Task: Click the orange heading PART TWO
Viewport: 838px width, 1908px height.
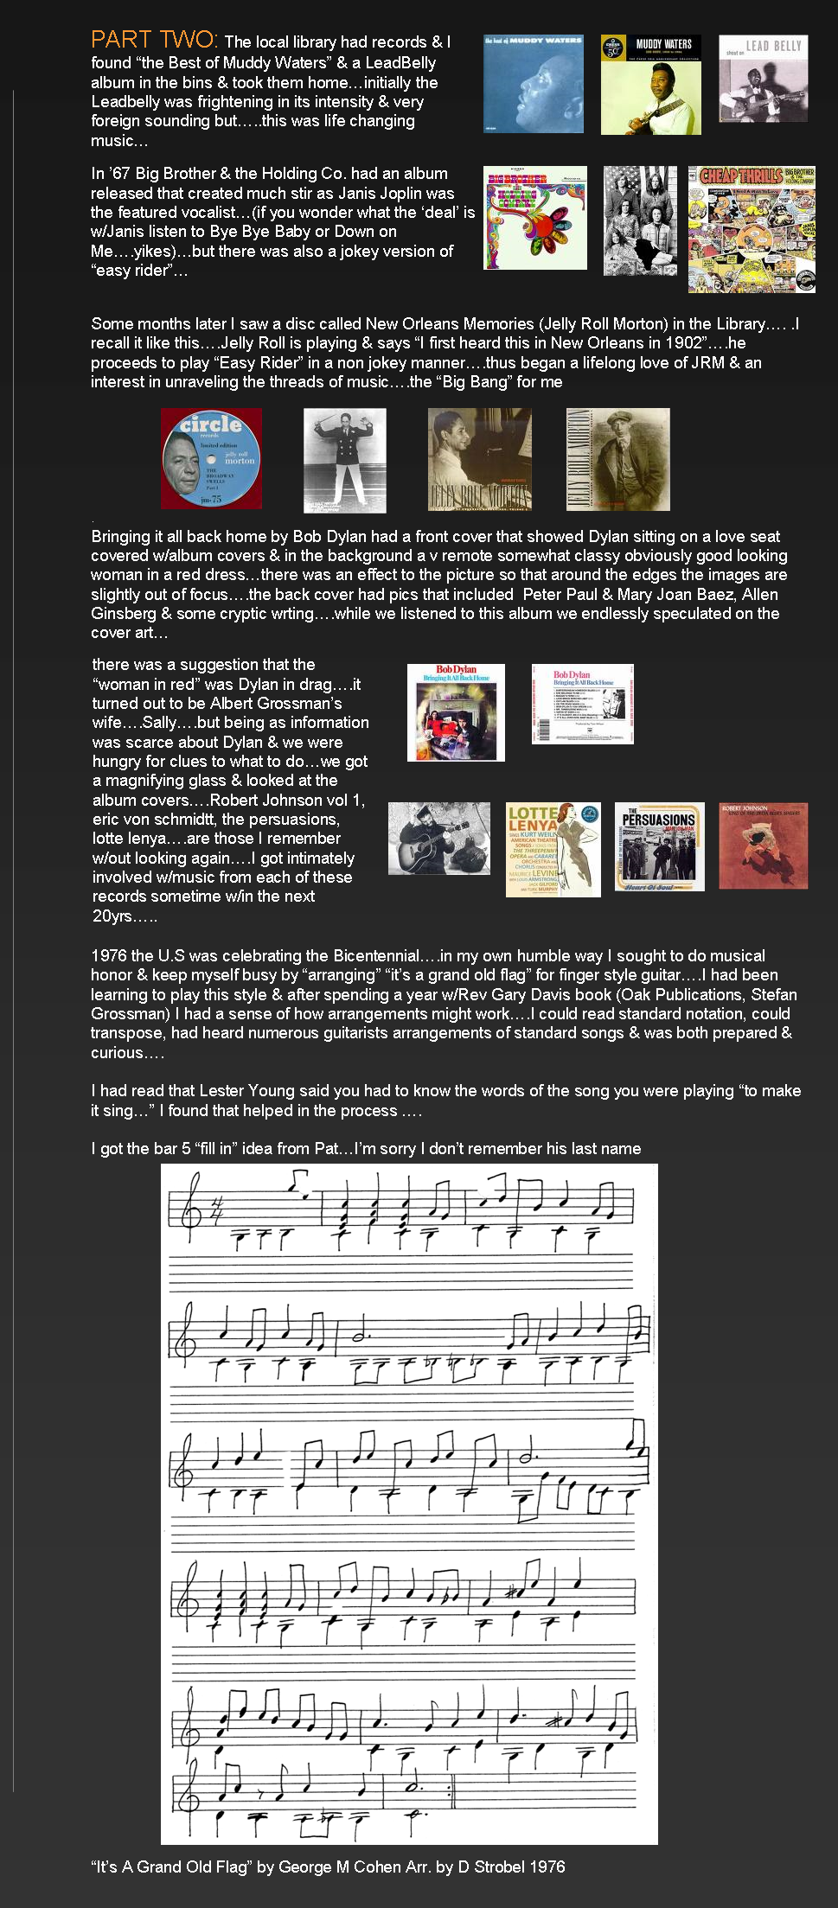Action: click(154, 40)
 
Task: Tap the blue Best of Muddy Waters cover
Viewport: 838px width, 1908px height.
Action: click(533, 84)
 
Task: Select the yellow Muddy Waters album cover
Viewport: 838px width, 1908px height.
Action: click(650, 85)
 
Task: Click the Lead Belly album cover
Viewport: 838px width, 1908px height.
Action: click(763, 79)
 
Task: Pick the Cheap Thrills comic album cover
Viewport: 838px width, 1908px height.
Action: click(752, 229)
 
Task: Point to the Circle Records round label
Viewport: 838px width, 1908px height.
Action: click(211, 458)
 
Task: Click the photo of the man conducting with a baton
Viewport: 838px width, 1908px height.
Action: click(344, 460)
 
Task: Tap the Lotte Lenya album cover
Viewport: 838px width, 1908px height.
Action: click(553, 850)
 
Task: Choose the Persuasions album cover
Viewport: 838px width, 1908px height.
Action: click(659, 846)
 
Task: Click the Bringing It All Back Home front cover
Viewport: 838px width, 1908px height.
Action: click(456, 712)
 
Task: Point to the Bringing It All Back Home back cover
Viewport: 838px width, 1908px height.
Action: click(582, 704)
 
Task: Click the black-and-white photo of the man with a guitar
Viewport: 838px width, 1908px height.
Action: click(438, 839)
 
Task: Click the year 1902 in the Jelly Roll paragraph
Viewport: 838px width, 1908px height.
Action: click(685, 342)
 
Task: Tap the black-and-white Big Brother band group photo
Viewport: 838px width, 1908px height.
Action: click(640, 221)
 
